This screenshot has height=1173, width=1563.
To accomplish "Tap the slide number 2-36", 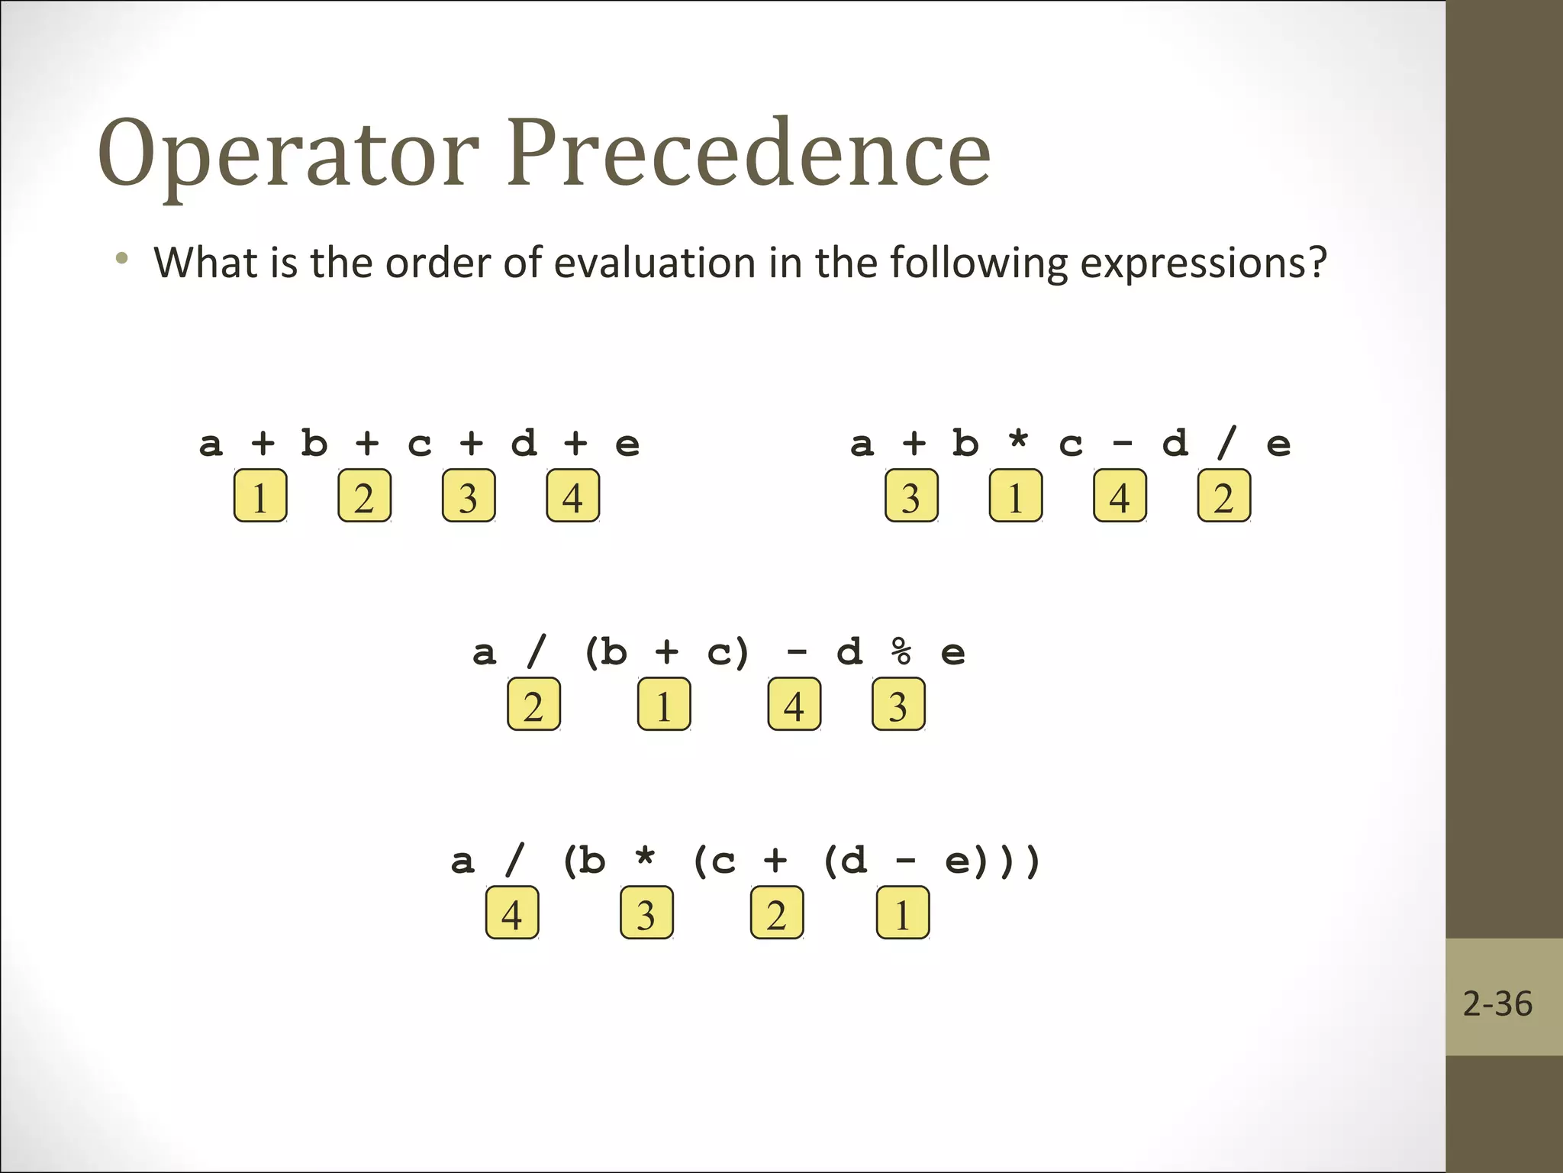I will point(1497,1003).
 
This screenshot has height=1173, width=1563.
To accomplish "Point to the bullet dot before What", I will point(121,259).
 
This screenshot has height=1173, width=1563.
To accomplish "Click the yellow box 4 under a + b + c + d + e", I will point(572,496).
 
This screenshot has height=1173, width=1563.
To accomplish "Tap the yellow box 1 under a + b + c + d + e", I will point(260,496).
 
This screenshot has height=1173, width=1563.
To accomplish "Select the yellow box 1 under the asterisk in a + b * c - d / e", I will point(1015,496).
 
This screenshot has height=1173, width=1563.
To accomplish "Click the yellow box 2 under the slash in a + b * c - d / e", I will point(1223,496).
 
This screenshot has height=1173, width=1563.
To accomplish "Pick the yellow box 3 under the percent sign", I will point(898,705).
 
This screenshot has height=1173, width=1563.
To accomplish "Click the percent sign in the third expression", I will point(901,652).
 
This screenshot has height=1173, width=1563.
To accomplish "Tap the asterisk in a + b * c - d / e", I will point(1018,440).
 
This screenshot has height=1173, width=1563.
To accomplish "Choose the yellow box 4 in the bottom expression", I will point(512,913).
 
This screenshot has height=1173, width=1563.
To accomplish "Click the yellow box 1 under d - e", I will point(903,913).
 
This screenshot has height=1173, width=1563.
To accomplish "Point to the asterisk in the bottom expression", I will point(646,857).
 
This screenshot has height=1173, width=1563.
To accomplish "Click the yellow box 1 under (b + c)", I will point(664,705).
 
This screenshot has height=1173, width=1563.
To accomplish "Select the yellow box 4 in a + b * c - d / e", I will point(1120,496).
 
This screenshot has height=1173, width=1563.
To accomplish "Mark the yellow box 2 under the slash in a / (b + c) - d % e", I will point(533,705).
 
